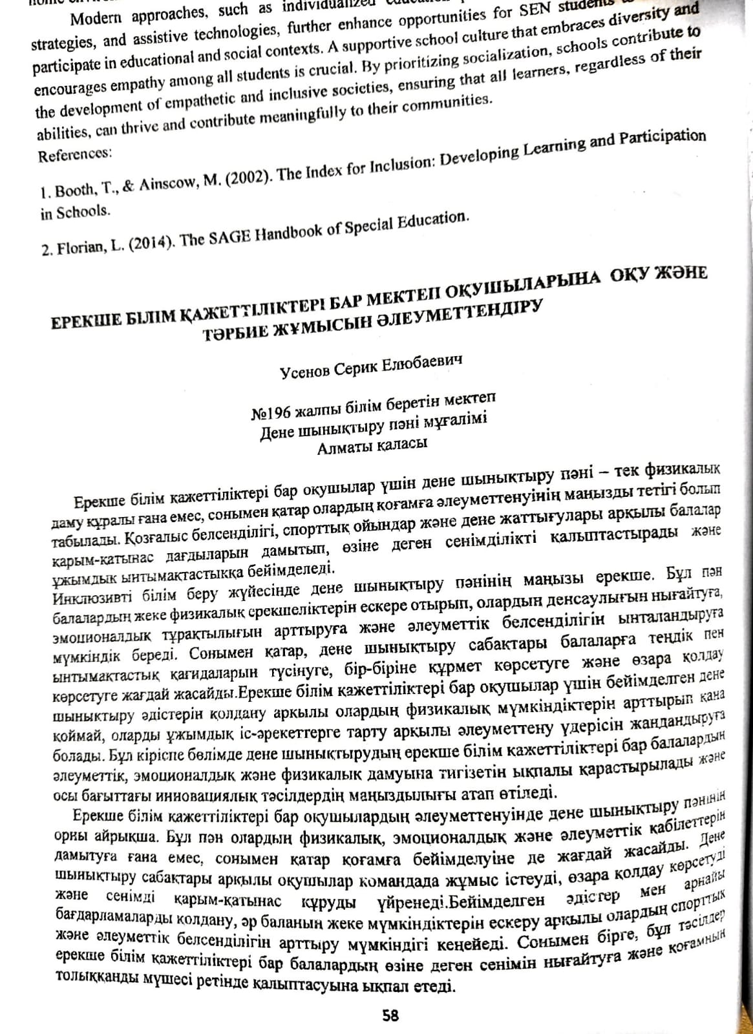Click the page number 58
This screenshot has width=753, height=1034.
(x=390, y=1015)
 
